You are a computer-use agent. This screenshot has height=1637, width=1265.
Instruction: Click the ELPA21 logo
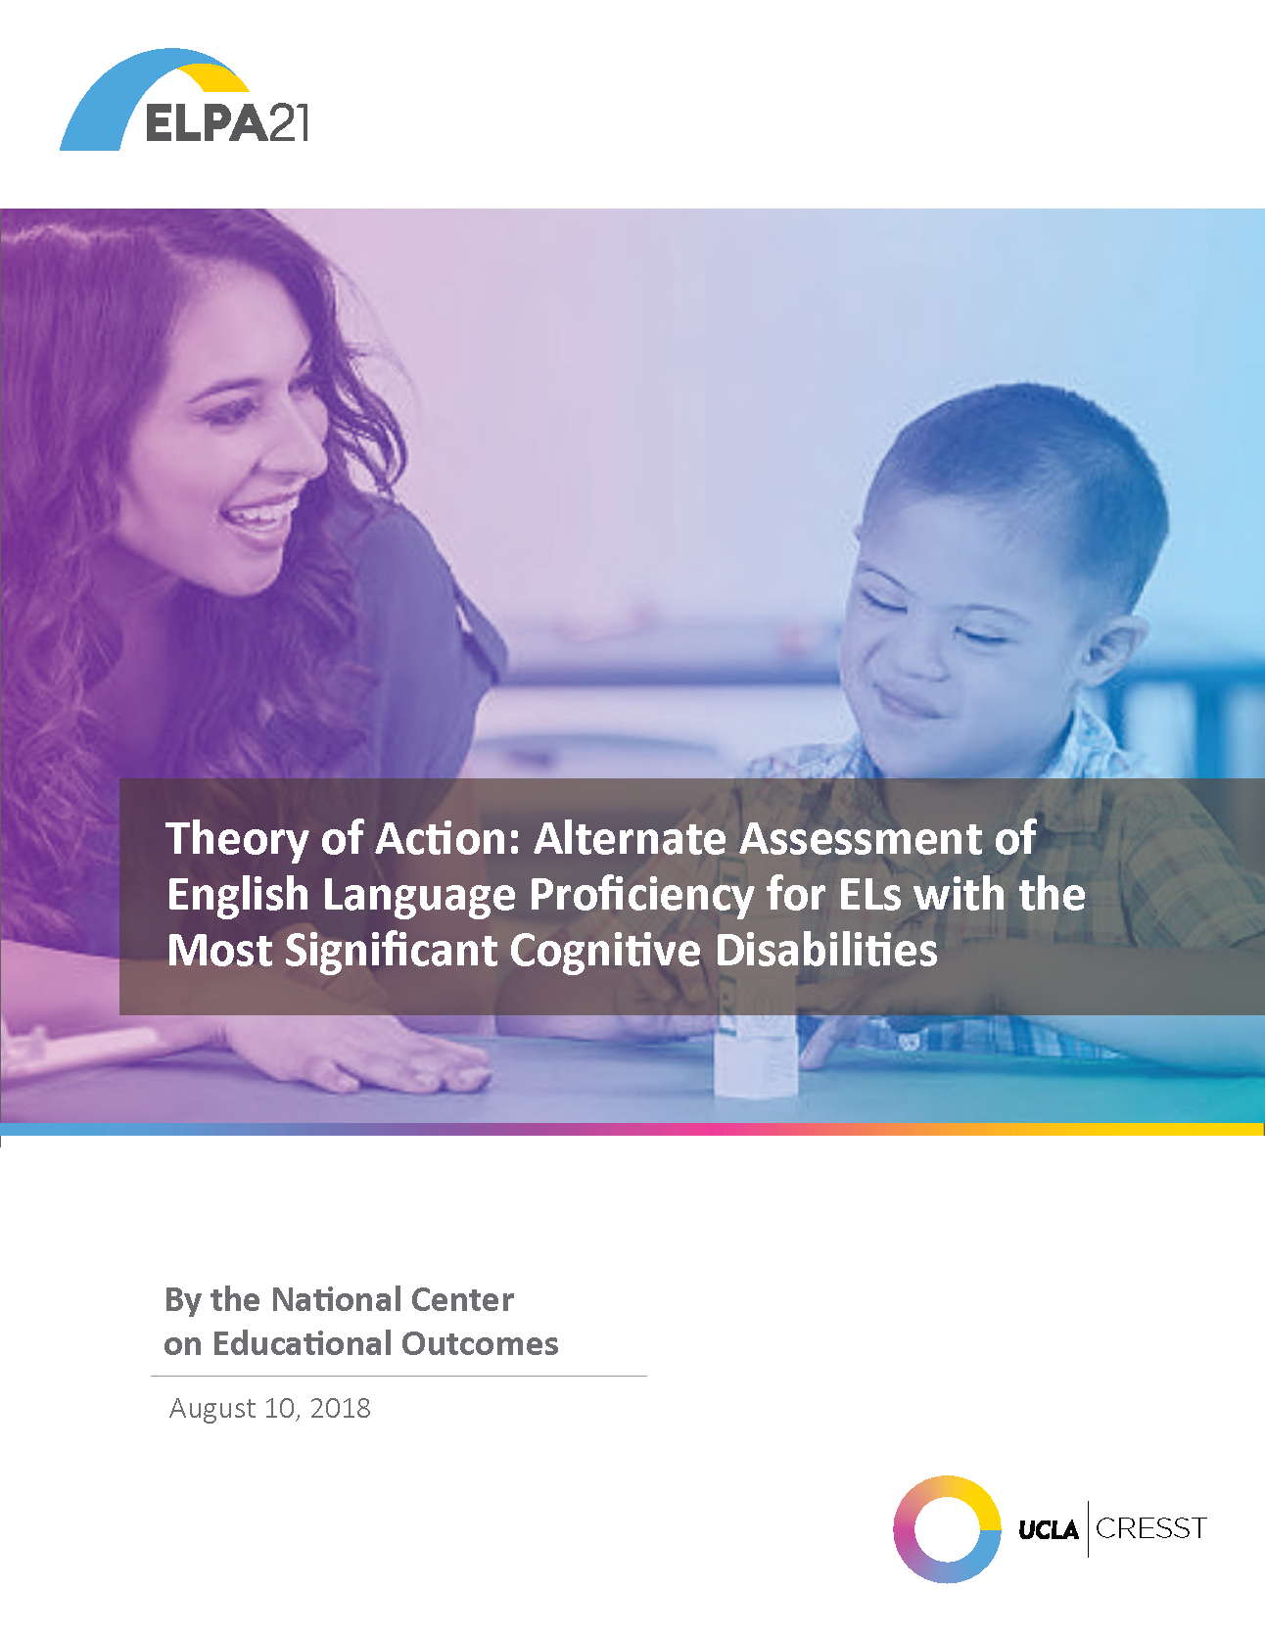pyautogui.click(x=184, y=100)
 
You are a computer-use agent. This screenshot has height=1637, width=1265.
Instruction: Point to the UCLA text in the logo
pyautogui.click(x=1048, y=1529)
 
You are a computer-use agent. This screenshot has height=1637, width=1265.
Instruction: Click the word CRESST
pyautogui.click(x=1151, y=1528)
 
